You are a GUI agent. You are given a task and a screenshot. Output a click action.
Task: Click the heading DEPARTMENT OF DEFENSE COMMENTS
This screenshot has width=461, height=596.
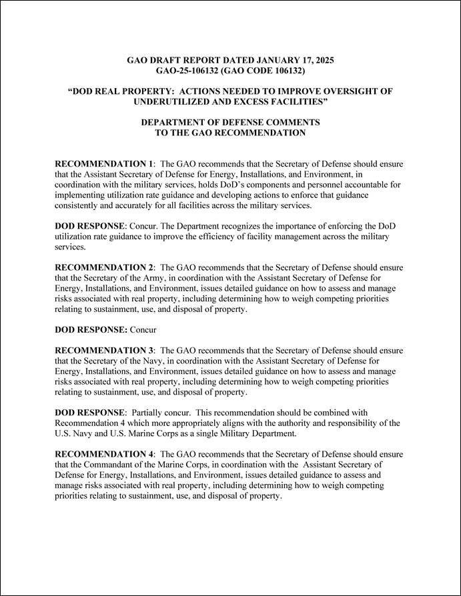tap(230, 123)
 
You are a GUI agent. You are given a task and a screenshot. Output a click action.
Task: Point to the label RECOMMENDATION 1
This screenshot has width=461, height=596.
tap(104, 163)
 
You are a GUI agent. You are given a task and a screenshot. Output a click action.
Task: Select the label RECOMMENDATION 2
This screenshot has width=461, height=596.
tap(104, 267)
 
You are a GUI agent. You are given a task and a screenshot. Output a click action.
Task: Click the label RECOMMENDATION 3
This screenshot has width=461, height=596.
tap(104, 350)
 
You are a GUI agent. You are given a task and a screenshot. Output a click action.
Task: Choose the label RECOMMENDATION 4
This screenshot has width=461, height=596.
tap(104, 454)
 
